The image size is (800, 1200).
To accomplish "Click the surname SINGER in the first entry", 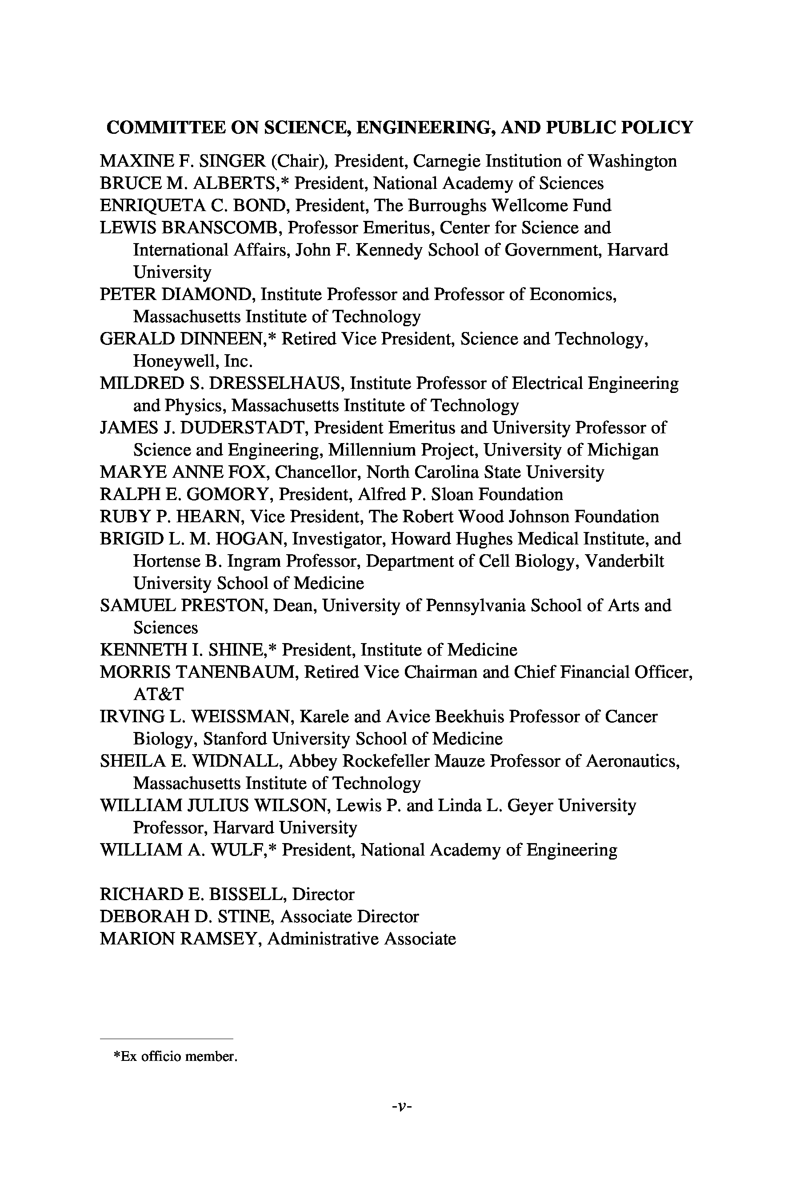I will (232, 161).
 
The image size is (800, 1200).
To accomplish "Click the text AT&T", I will (158, 694).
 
